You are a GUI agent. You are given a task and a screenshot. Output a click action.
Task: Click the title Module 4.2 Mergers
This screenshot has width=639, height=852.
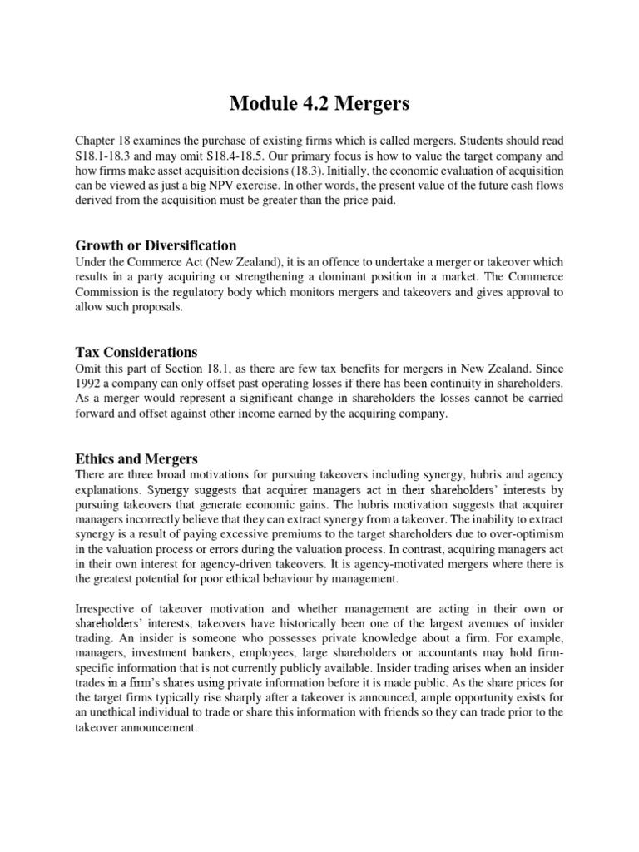(319, 106)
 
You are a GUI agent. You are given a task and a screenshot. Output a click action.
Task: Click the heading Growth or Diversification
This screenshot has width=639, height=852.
(156, 245)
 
